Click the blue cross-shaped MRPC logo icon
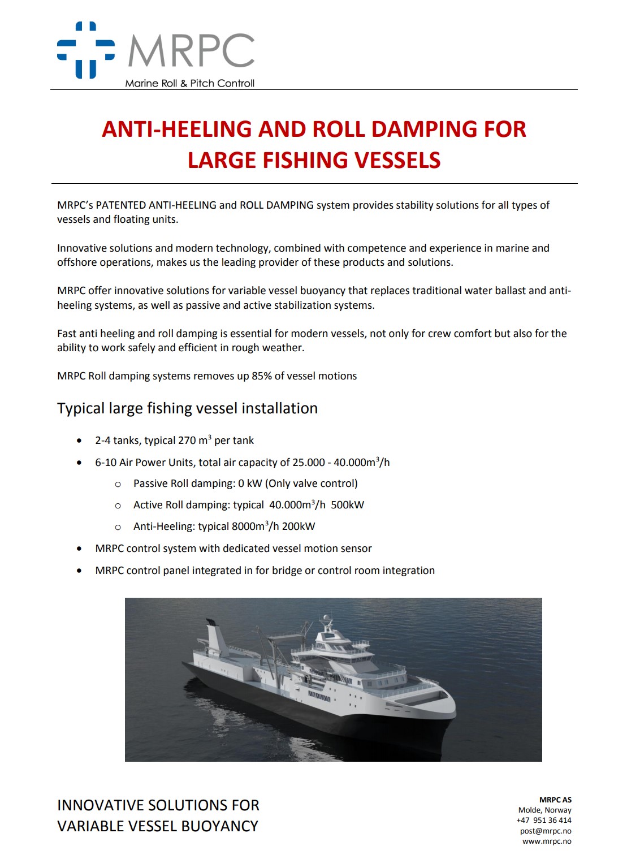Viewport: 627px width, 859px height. click(x=86, y=50)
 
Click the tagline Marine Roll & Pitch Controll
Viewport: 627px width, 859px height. click(x=189, y=84)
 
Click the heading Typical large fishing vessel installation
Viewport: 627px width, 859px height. click(x=187, y=408)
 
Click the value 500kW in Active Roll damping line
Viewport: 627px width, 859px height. click(x=347, y=505)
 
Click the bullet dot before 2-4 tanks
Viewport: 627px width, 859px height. click(x=79, y=441)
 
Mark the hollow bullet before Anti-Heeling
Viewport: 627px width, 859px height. click(x=118, y=527)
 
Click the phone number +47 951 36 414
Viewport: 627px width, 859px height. click(x=543, y=821)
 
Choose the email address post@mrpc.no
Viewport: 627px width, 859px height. click(x=545, y=831)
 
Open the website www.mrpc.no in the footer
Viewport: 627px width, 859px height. click(x=546, y=841)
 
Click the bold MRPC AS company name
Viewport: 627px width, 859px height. click(x=555, y=800)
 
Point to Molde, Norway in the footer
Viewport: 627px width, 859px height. click(x=544, y=810)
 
